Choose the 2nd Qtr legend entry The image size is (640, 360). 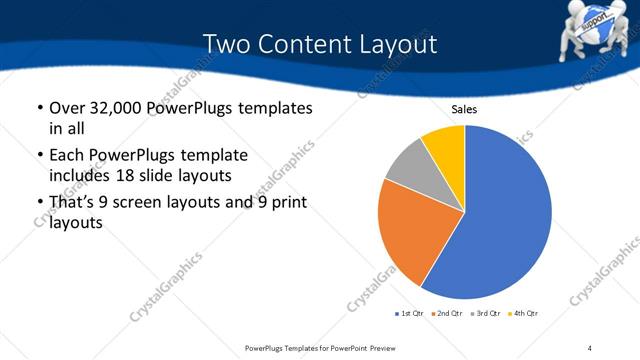(446, 314)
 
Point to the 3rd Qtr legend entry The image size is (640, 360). (484, 314)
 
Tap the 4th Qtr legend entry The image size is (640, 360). (522, 314)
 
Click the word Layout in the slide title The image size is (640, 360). (393, 45)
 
